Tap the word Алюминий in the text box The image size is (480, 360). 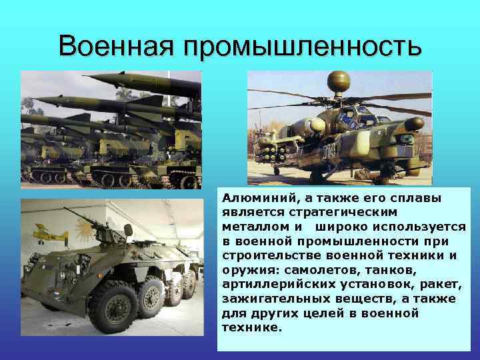click(x=253, y=199)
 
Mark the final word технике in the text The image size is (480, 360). click(x=252, y=329)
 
